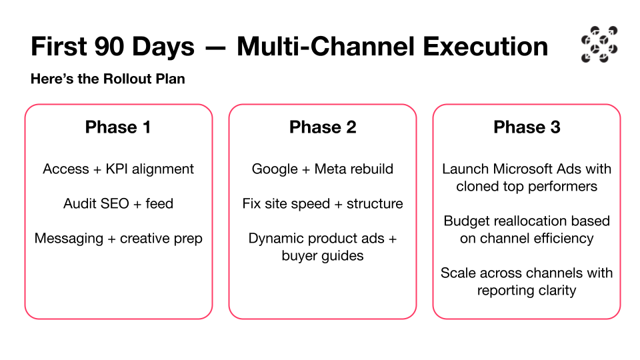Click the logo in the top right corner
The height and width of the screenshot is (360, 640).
point(599,45)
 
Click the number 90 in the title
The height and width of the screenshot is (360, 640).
point(109,46)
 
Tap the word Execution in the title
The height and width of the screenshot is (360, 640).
point(485,46)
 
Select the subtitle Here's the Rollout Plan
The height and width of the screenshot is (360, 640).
point(108,79)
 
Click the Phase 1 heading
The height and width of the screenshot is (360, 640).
point(118,127)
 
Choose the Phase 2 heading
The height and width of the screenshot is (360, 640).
point(323,127)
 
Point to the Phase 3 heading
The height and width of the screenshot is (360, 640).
point(527,127)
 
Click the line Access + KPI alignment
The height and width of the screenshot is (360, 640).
point(119,169)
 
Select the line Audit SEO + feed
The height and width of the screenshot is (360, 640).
point(119,203)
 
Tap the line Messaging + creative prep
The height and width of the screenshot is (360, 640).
point(119,239)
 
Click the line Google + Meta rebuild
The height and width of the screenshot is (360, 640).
point(323,169)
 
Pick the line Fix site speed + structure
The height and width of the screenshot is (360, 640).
point(323,204)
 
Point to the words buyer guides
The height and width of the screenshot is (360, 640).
point(323,256)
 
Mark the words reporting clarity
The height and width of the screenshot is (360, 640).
point(527,291)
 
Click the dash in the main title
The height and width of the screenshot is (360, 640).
point(215,48)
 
